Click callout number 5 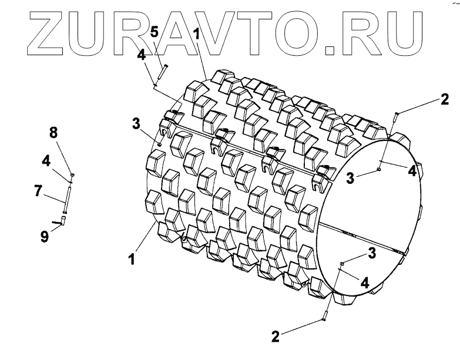click(x=153, y=32)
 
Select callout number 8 click(x=53, y=133)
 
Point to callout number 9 click(x=44, y=237)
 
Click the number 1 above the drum click(x=196, y=35)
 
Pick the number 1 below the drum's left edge click(x=132, y=257)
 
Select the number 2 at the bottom click(x=275, y=336)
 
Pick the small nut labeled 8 click(x=72, y=175)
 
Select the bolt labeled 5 click(x=162, y=75)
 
